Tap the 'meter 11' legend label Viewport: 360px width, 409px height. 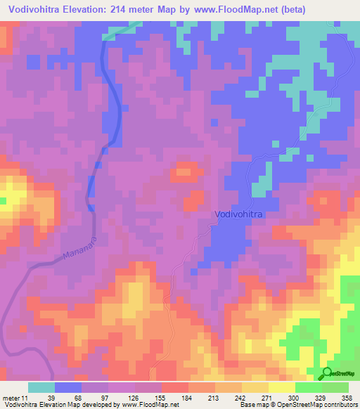tap(14, 398)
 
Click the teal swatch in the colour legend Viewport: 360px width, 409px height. tap(41, 387)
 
